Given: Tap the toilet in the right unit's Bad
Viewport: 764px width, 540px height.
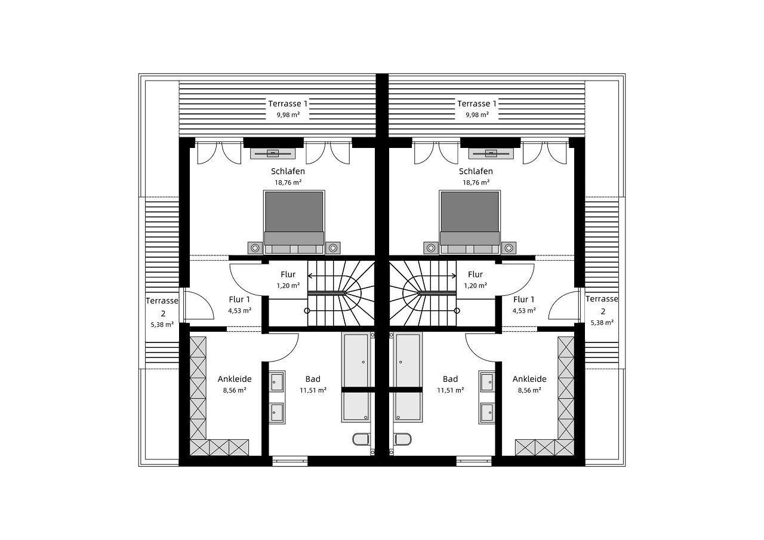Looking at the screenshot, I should pyautogui.click(x=403, y=440).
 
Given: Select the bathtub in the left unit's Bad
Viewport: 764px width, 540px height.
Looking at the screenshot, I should pyautogui.click(x=357, y=377).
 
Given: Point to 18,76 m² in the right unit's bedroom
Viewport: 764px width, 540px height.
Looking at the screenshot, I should pyautogui.click(x=476, y=183).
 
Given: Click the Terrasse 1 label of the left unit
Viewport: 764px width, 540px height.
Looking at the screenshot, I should pyautogui.click(x=288, y=103).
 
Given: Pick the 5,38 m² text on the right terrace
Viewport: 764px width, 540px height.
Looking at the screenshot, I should pyautogui.click(x=602, y=323).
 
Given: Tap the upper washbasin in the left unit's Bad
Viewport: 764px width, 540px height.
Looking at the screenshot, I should pyautogui.click(x=277, y=380).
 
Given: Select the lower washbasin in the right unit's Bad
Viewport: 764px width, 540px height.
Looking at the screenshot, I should pyautogui.click(x=486, y=411).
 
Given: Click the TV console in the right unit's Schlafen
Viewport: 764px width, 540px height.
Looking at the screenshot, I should pyautogui.click(x=491, y=154).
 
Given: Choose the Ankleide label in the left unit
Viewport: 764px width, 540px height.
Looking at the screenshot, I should pyautogui.click(x=235, y=379).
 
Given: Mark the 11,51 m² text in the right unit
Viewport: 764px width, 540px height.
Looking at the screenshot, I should pyautogui.click(x=451, y=390).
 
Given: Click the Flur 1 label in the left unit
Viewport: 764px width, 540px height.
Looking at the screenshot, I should pyautogui.click(x=239, y=300).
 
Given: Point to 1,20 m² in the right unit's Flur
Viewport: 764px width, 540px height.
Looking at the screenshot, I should pyautogui.click(x=476, y=286).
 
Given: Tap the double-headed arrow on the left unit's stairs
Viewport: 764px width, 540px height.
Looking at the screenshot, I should pyautogui.click(x=327, y=276).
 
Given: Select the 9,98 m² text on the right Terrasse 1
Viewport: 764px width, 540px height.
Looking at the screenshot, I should pyautogui.click(x=476, y=115).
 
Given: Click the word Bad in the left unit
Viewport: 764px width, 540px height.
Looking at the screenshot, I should pyautogui.click(x=313, y=379).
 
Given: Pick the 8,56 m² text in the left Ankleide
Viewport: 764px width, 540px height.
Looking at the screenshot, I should pyautogui.click(x=235, y=390).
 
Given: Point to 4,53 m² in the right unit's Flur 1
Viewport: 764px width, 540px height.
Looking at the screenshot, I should pyautogui.click(x=524, y=311).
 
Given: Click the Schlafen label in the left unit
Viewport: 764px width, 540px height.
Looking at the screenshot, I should pyautogui.click(x=288, y=171).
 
